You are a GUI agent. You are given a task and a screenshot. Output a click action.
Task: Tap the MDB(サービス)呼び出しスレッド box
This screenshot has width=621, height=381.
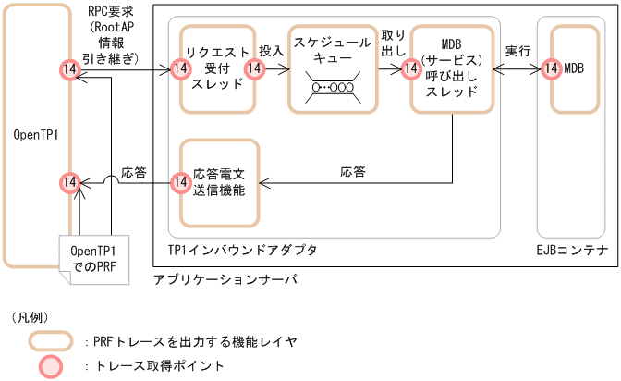[x=447, y=69]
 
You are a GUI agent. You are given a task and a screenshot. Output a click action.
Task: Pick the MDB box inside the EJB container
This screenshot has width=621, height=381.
[x=574, y=68]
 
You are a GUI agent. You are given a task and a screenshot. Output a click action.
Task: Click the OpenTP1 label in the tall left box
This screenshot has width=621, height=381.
[x=36, y=135]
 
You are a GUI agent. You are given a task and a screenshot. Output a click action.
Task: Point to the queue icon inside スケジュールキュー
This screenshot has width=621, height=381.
[x=330, y=88]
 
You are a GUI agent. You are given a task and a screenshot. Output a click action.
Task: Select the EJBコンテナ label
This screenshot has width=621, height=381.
[x=573, y=250]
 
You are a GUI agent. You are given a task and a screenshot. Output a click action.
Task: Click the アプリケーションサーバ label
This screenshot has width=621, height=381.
[x=225, y=278]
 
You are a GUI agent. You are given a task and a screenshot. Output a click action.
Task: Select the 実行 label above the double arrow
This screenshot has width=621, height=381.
[x=518, y=52]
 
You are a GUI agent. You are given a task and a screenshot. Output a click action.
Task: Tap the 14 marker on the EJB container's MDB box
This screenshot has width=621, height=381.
[x=552, y=68]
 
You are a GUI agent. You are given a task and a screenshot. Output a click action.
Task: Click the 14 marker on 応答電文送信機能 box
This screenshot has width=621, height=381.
[x=181, y=182]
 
